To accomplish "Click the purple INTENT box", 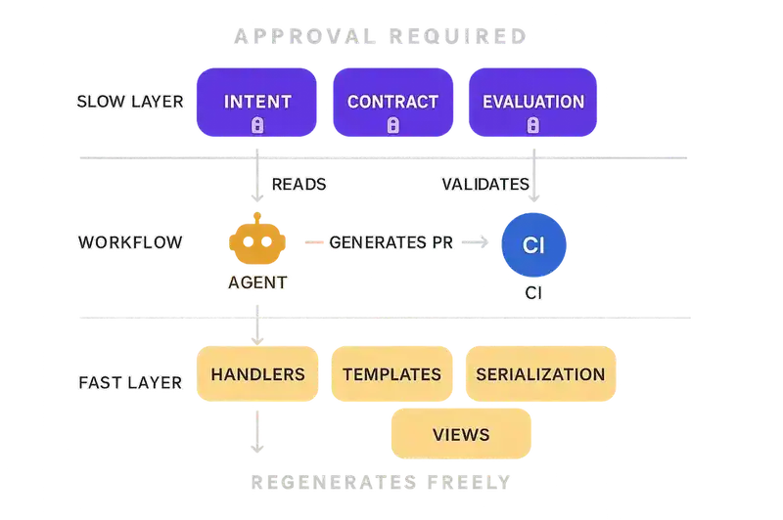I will pyautogui.click(x=257, y=102).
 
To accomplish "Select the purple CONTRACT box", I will pyautogui.click(x=392, y=102).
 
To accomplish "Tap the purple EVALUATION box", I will pyautogui.click(x=532, y=102).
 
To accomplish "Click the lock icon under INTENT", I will pyautogui.click(x=257, y=125).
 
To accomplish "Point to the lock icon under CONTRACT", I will pyautogui.click(x=392, y=125).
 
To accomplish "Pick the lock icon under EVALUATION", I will pyautogui.click(x=532, y=125).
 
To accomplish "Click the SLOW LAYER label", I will pyautogui.click(x=128, y=102).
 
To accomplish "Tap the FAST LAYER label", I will pyautogui.click(x=130, y=381).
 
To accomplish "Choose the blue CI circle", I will pyautogui.click(x=534, y=241).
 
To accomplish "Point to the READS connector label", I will pyautogui.click(x=299, y=184).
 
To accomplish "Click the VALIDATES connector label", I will pyautogui.click(x=484, y=184).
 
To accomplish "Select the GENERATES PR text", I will pyautogui.click(x=391, y=241).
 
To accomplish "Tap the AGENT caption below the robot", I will pyautogui.click(x=257, y=282).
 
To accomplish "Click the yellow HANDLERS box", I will pyautogui.click(x=257, y=374).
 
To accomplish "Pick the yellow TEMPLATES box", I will pyautogui.click(x=392, y=374).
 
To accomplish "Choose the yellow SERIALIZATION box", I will pyautogui.click(x=539, y=374).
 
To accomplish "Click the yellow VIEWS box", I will pyautogui.click(x=461, y=433).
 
